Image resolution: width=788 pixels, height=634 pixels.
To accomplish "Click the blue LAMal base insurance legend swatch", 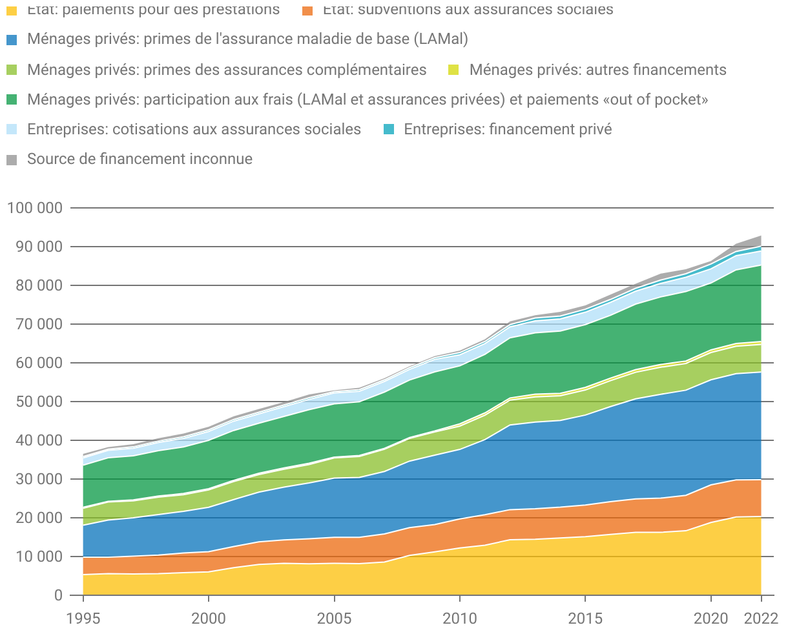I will (12, 40).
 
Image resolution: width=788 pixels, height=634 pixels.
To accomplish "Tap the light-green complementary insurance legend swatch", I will (12, 70).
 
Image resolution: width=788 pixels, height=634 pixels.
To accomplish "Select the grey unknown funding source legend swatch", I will (12, 159).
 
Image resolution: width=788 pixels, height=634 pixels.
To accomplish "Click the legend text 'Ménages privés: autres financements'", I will (597, 70).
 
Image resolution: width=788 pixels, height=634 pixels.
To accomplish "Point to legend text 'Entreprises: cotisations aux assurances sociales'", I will (194, 130).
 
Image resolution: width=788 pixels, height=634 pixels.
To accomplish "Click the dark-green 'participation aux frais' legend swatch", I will (12, 100).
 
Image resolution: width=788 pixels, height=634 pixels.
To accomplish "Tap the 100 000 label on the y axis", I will (35, 208).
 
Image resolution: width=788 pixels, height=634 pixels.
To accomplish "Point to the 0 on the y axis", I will (58, 595).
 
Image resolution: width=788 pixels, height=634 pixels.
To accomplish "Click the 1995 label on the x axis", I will (83, 618).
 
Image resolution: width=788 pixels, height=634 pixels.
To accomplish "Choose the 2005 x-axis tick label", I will (334, 618).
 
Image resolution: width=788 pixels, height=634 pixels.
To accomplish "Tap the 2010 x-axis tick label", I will (459, 618).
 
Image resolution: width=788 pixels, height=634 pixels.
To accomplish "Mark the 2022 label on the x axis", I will (761, 618).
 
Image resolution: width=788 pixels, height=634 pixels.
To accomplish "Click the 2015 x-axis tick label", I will (585, 618).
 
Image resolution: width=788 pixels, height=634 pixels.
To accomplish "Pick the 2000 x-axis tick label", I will (209, 618).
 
